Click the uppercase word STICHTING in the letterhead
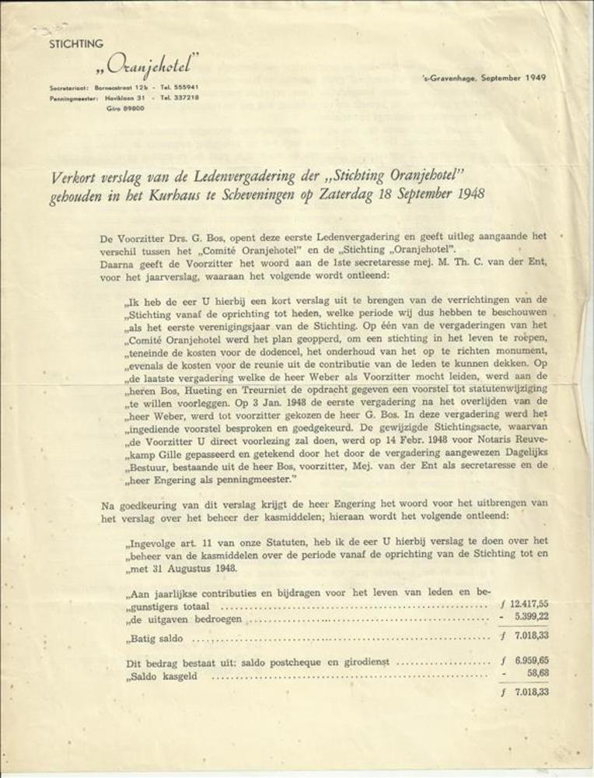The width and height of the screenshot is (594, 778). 76,44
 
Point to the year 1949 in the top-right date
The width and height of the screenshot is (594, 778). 534,78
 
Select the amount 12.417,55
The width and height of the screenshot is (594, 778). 529,604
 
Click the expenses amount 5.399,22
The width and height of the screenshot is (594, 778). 531,617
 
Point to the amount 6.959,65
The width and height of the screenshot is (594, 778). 531,661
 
